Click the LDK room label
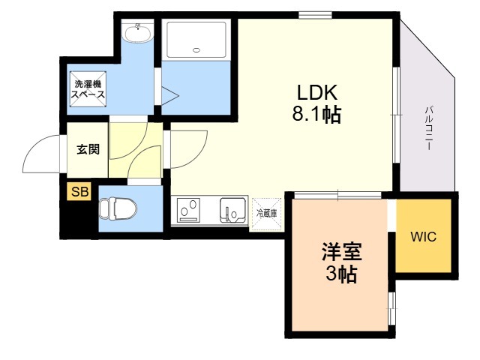[317, 92]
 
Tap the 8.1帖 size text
[316, 115]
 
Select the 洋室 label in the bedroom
[342, 252]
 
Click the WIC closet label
[423, 236]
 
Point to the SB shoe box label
[79, 192]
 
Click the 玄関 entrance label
[88, 149]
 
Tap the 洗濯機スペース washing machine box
[88, 89]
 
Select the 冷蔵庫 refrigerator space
[266, 214]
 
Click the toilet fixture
[118, 208]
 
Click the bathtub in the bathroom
[196, 40]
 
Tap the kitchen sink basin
[232, 210]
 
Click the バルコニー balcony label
[429, 127]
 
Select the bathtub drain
[196, 50]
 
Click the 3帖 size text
[341, 274]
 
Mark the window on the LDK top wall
[315, 15]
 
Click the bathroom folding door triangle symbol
[170, 96]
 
